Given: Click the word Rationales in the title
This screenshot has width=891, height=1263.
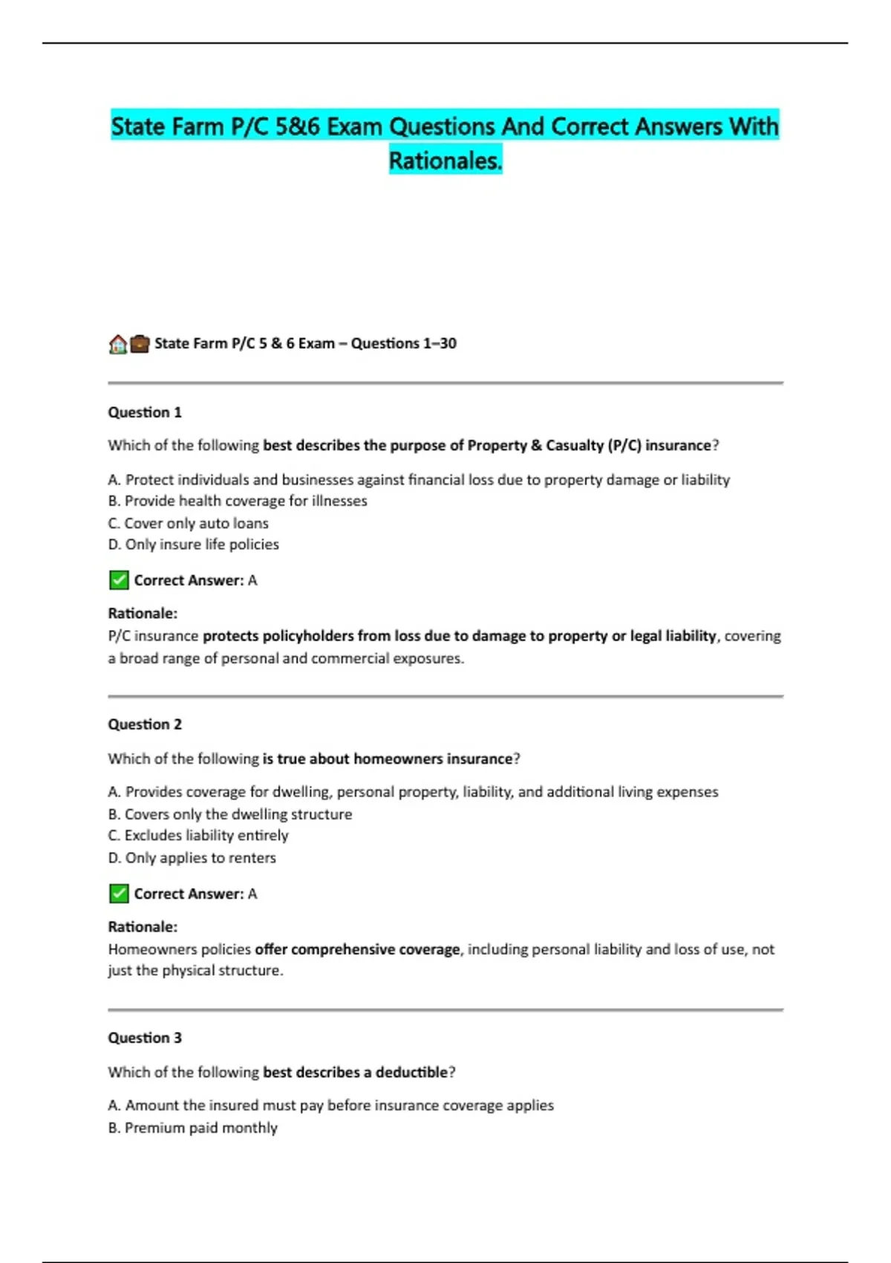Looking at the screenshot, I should click(445, 160).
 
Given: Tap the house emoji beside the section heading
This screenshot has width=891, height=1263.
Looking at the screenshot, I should click(117, 344).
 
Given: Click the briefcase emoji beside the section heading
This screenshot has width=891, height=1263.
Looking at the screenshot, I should click(140, 344).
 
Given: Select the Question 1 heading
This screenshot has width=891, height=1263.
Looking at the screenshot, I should click(145, 412).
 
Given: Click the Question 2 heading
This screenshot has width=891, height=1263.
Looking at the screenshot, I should click(145, 724).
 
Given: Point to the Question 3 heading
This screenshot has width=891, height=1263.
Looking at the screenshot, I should click(145, 1038).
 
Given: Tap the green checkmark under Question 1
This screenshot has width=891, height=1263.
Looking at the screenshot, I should click(119, 580).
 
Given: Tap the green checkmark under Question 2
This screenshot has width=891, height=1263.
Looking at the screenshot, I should click(119, 894).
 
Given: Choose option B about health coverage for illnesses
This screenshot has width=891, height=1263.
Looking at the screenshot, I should click(238, 501).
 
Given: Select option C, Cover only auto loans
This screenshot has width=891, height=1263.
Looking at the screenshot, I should click(189, 523).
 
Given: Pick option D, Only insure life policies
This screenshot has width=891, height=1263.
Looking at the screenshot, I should click(194, 545).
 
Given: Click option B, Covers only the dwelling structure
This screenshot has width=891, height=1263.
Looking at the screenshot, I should click(230, 814).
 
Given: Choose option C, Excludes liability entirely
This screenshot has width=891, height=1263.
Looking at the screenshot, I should click(198, 836).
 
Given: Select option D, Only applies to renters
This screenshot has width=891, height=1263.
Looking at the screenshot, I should click(192, 858).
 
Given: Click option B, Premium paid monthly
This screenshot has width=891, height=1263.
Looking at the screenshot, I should click(193, 1128).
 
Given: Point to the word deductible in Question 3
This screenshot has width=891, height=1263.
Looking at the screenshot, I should click(411, 1072).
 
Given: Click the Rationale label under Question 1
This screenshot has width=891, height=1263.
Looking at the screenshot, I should click(143, 614).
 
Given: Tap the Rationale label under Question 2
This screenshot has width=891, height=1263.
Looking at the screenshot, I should click(143, 927).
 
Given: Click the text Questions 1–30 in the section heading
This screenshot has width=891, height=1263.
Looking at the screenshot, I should click(403, 343).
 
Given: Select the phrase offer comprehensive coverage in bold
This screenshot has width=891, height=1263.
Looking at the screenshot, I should click(357, 949).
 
